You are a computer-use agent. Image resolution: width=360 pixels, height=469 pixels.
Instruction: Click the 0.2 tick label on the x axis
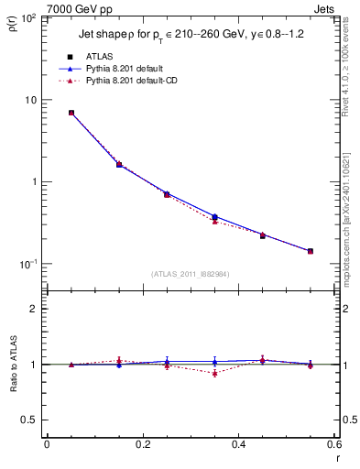click(x=142, y=444)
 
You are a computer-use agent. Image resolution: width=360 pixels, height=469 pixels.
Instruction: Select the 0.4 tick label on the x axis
click(x=238, y=444)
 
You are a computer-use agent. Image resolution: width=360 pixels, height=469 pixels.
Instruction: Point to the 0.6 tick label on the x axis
click(x=334, y=444)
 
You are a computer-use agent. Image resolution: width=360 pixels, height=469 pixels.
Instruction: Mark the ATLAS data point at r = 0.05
click(x=71, y=113)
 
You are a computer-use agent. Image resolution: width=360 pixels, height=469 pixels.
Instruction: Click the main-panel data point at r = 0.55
click(x=311, y=251)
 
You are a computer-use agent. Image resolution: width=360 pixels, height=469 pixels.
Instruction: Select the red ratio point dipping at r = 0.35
click(x=214, y=373)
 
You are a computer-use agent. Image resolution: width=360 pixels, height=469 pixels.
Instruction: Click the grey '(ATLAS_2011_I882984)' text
click(x=191, y=274)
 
